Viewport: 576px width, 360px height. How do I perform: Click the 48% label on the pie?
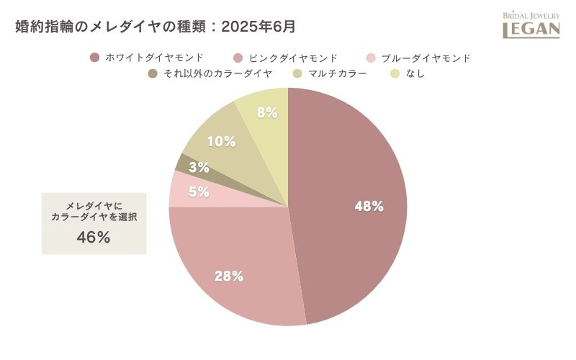coord(369,207)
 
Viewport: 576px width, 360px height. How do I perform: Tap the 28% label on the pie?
coord(229,276)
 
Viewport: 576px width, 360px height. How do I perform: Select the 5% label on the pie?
coord(199,192)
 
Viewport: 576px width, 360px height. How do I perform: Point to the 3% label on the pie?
coord(199,168)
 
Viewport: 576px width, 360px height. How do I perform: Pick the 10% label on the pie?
coord(221,141)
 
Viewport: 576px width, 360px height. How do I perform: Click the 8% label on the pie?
coord(267,112)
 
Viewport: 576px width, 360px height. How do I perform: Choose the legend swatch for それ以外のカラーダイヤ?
coord(153,73)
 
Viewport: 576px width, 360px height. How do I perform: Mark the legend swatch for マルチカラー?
coord(297,73)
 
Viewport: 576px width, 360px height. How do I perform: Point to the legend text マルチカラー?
coord(338,73)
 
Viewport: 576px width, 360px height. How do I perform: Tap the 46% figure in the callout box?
coord(94,237)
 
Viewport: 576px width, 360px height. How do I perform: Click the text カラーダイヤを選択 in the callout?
coord(94,217)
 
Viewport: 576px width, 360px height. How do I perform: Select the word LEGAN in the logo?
coord(531,30)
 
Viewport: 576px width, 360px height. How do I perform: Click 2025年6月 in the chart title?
coord(258,27)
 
